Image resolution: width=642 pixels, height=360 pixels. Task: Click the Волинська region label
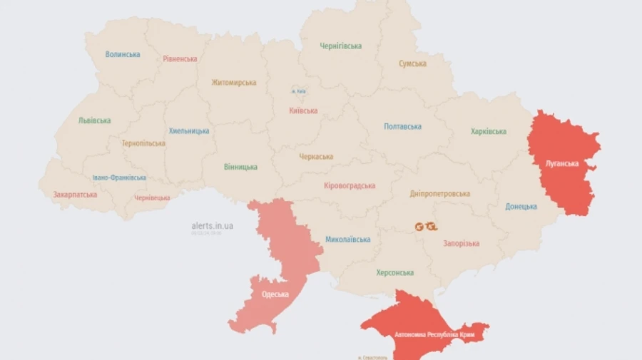123,54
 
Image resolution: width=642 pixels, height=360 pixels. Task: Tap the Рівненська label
180,58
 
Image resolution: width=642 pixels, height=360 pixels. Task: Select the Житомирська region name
233,83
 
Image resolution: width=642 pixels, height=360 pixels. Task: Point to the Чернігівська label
340,46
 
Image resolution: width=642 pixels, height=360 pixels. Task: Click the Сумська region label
413,63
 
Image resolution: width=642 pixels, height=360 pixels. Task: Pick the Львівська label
95,120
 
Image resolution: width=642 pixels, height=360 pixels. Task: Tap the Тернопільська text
143,143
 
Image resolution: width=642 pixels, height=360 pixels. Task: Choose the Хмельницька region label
189,131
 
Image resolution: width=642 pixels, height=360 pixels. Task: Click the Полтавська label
402,127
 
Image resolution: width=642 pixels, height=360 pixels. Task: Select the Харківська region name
489,132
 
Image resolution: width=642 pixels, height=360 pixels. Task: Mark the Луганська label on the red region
562,163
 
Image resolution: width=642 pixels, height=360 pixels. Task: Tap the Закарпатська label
75,195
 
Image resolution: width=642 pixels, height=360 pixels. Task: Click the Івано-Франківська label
119,178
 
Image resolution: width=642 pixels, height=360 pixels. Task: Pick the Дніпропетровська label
440,194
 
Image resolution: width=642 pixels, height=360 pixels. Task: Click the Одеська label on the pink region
275,294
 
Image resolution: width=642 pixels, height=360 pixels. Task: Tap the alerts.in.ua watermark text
212,226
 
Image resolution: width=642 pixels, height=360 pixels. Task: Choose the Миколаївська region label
347,240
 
